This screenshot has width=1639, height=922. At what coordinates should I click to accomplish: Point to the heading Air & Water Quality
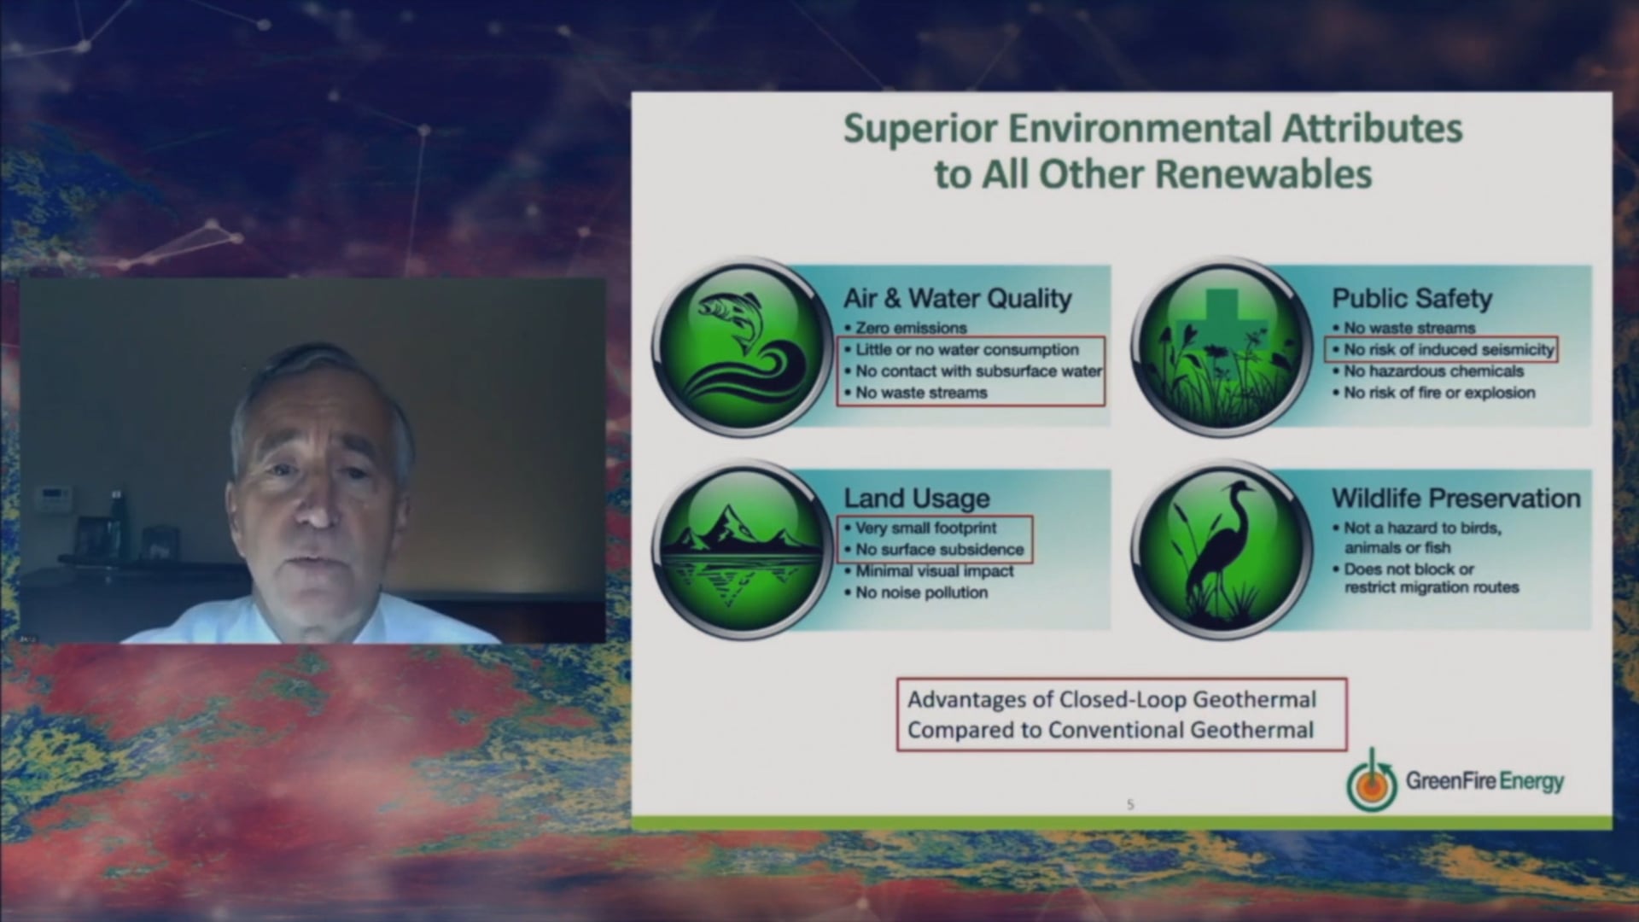click(957, 299)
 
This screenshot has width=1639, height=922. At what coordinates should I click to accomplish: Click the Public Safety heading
click(1412, 299)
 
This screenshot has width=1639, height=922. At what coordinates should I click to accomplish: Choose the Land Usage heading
click(917, 499)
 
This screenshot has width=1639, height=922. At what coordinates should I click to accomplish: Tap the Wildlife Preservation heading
click(1456, 499)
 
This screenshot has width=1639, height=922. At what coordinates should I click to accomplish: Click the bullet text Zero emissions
click(911, 328)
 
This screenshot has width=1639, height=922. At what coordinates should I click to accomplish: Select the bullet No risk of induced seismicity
click(1449, 349)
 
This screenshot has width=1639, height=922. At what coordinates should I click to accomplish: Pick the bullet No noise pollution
click(921, 592)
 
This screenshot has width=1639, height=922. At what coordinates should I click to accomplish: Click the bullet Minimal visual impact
click(935, 571)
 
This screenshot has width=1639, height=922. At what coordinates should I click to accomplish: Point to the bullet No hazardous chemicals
click(1433, 371)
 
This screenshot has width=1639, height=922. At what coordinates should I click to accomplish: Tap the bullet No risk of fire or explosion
click(1439, 393)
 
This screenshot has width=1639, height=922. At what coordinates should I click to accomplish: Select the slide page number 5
click(1130, 804)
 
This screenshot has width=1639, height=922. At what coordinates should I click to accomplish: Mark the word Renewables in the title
click(1263, 174)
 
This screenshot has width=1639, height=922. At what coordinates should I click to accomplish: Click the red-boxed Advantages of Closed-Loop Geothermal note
click(1121, 715)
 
